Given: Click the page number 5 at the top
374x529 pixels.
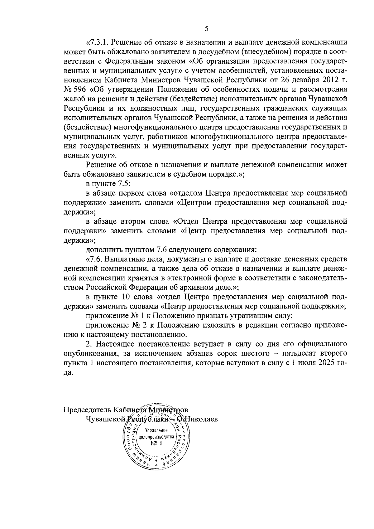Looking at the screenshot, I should (206, 29).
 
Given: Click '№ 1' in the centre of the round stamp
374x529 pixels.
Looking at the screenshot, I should (155, 444).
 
